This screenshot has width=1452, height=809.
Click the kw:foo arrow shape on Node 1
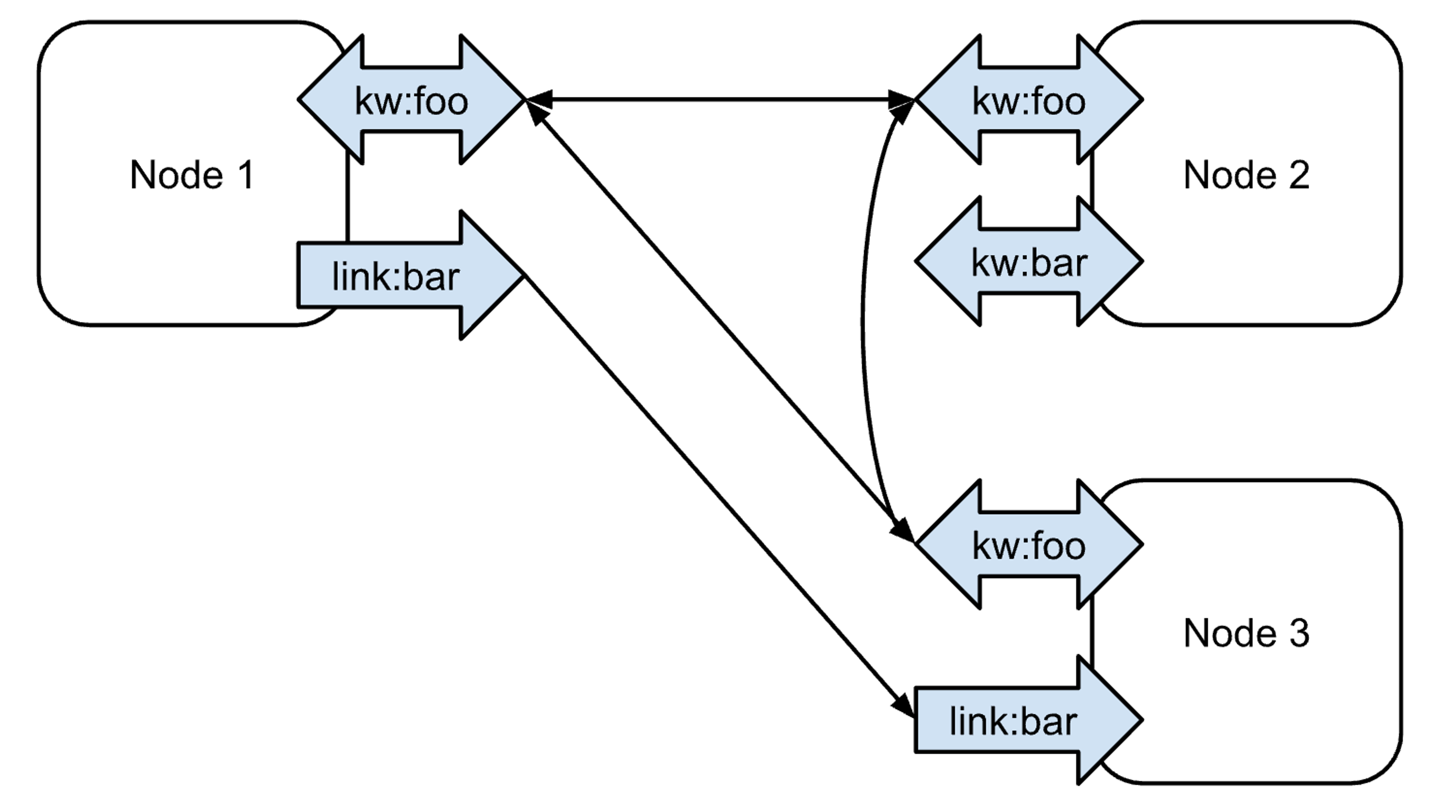click(x=411, y=100)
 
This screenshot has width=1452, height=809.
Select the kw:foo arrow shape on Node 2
click(x=1028, y=100)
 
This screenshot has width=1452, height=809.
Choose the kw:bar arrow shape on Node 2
click(x=1028, y=262)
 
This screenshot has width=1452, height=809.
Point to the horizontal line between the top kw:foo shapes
click(x=721, y=100)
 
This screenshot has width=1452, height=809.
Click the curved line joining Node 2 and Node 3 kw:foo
click(x=864, y=322)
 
